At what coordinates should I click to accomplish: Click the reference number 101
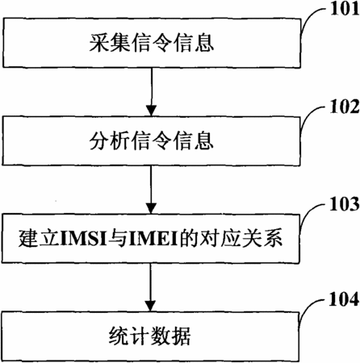tap(345, 9)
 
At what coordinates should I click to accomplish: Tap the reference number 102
tap(345, 106)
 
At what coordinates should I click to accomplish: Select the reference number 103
tap(345, 204)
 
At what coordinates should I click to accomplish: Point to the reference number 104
tap(345, 299)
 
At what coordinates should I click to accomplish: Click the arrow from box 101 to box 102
tap(152, 92)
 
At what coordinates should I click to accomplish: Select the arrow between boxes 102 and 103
tap(151, 190)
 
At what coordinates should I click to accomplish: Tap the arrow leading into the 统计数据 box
tap(150, 287)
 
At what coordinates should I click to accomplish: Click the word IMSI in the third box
tap(84, 239)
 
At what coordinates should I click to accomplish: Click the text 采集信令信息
tap(152, 43)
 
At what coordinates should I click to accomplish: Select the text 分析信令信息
tap(152, 140)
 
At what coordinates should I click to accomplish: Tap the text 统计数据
tap(150, 336)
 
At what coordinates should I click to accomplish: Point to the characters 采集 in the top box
tap(110, 43)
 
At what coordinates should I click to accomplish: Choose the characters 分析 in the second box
tap(110, 140)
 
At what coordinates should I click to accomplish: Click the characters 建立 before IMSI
tap(40, 239)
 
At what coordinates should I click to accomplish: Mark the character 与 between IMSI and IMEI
tap(118, 239)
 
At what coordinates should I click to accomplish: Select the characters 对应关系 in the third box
tap(241, 239)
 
